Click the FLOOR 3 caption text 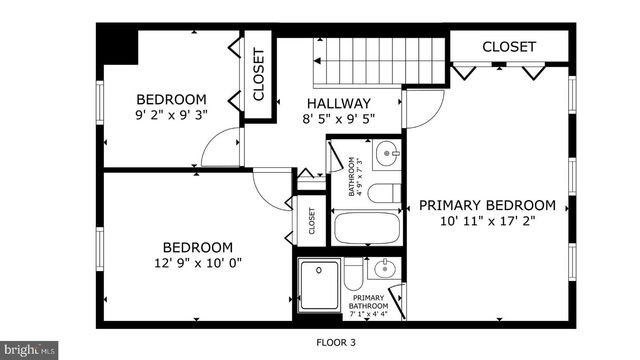click(335, 342)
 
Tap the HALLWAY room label click(339, 103)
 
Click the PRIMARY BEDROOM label click(486, 205)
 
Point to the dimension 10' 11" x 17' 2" click(486, 222)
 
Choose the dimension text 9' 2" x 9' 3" click(171, 116)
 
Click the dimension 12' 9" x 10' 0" click(198, 263)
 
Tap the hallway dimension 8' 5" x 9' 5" click(339, 120)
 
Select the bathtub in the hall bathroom click(365, 228)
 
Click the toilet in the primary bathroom click(353, 275)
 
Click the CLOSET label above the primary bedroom click(509, 47)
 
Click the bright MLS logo click(29, 351)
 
